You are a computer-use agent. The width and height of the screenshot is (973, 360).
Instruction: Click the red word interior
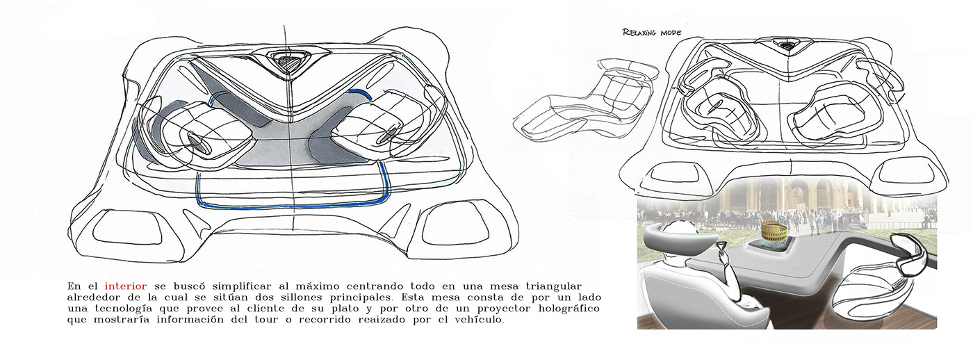click(124, 286)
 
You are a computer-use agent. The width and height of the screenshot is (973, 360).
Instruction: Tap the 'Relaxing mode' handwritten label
click(652, 32)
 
